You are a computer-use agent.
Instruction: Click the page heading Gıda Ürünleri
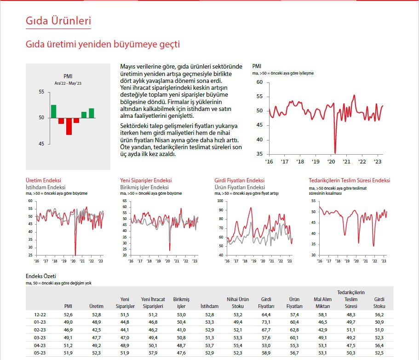coord(58,21)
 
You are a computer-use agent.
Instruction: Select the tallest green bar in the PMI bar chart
coord(53,111)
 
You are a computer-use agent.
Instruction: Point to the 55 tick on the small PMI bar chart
coord(41,92)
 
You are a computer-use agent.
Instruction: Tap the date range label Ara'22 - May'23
coord(68,83)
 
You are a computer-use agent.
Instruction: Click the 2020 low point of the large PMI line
coord(335,152)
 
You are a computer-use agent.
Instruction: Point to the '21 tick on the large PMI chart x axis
coord(347,162)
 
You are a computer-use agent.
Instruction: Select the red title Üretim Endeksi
coord(43,181)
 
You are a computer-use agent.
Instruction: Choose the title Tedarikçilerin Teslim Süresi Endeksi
coord(349,181)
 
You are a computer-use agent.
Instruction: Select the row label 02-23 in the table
coord(39,330)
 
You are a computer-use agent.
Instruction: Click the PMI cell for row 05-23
coord(68,353)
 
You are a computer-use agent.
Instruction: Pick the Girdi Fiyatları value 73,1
coord(268,322)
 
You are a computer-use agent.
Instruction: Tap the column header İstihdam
coord(209,306)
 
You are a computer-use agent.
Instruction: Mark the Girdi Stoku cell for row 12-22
coord(379,314)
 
